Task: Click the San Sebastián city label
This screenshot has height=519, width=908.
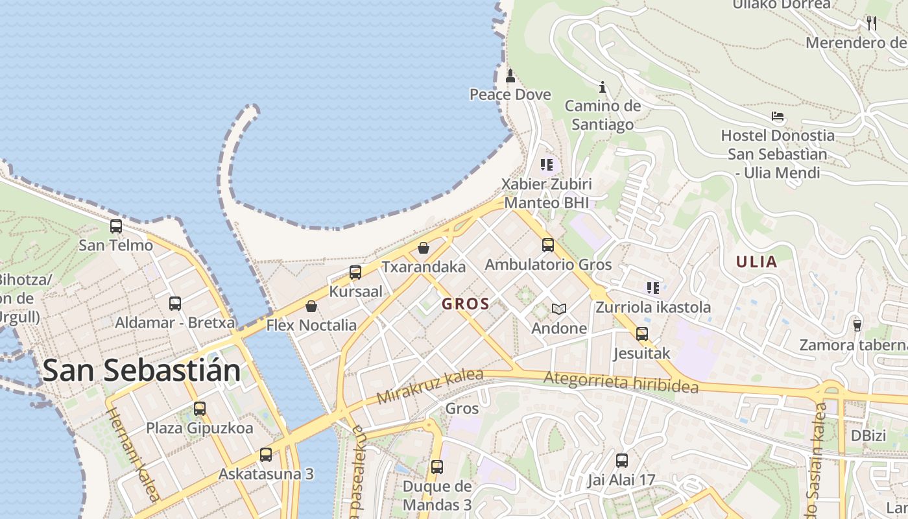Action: point(141,370)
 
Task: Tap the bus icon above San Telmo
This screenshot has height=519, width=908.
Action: point(116,226)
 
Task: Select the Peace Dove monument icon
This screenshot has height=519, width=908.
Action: point(510,76)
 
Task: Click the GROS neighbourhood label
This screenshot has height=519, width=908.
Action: point(466,304)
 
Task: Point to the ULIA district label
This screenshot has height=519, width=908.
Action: point(756,262)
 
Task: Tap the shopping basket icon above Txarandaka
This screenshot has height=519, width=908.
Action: point(424,248)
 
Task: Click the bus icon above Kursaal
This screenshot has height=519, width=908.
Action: point(355,272)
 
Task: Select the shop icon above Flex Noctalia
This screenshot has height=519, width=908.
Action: point(311,306)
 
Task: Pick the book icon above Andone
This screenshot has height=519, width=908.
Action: point(559,309)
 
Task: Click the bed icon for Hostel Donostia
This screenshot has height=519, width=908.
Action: point(778,117)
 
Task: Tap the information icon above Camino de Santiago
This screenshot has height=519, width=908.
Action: point(603,87)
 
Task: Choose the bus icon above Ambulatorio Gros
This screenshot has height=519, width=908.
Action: point(548,245)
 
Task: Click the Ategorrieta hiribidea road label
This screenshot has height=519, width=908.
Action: point(621,382)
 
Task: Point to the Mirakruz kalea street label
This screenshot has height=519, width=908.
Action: point(430,385)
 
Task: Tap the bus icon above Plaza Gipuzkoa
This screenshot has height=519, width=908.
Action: point(200,409)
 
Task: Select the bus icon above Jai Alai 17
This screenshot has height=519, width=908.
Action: point(622,461)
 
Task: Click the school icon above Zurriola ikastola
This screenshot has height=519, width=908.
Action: point(653,287)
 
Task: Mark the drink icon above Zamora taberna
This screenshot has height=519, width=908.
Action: point(857,325)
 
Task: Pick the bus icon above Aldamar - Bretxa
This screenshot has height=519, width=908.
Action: point(175,303)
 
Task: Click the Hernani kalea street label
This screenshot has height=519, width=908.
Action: point(133,454)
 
